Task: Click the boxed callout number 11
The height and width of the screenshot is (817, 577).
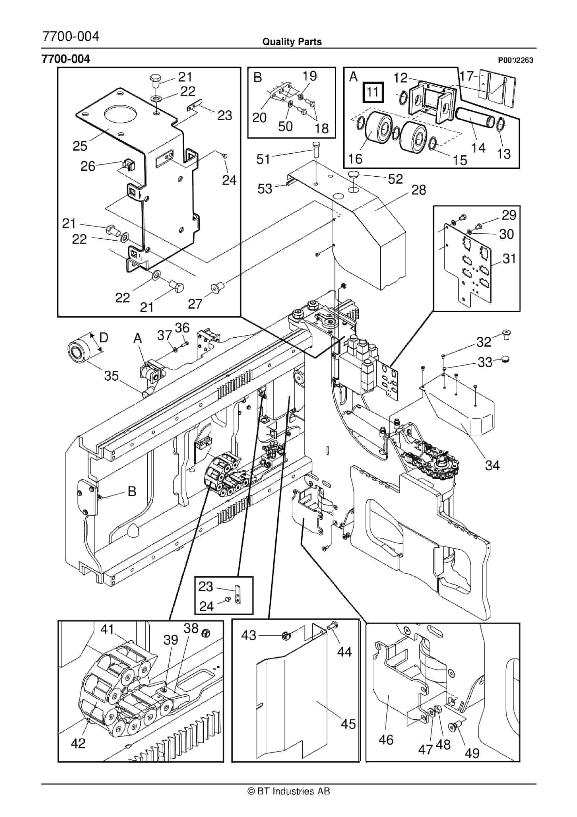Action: (x=372, y=92)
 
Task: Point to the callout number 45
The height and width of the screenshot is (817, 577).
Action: (x=348, y=724)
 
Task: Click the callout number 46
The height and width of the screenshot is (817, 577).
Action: (x=386, y=740)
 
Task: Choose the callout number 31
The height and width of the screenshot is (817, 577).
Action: (x=509, y=259)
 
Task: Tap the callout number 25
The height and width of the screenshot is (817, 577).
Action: (x=80, y=146)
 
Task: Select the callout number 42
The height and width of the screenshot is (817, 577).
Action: (x=78, y=743)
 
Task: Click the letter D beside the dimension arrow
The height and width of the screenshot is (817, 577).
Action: (x=104, y=337)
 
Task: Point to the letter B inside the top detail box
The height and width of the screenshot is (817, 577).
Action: (x=257, y=78)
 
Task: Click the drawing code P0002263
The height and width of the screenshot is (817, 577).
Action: (x=515, y=60)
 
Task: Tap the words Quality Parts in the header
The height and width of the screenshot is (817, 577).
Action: (x=292, y=42)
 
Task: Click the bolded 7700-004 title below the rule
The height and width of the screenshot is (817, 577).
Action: (x=66, y=59)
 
